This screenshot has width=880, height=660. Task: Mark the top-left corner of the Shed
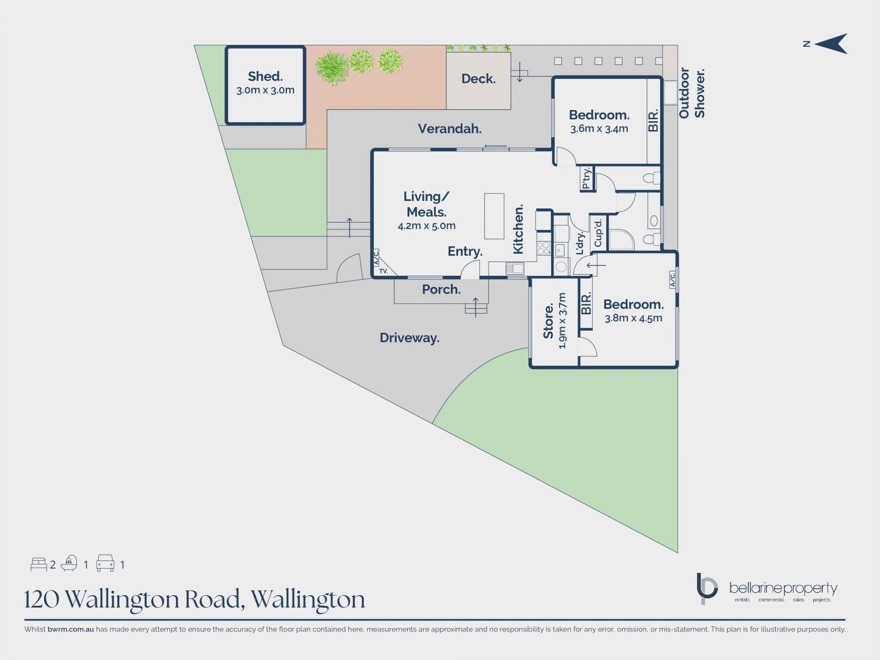point(226,46)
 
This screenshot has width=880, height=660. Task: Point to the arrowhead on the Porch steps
point(476,299)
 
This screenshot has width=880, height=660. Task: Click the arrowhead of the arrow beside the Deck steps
point(520,80)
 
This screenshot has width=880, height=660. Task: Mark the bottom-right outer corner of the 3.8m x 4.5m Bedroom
point(677,368)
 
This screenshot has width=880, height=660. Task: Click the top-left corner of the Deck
point(446,52)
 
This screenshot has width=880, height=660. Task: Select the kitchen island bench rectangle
point(494,216)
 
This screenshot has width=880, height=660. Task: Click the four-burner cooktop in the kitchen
point(543,248)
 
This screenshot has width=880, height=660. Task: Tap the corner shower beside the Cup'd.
point(621,239)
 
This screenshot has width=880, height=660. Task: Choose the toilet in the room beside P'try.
point(652,177)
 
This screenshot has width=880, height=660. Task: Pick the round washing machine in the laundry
point(561,266)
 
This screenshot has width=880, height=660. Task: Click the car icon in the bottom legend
point(105,563)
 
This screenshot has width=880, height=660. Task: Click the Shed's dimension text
point(265,90)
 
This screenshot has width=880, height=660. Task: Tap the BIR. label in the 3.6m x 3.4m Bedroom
point(653,121)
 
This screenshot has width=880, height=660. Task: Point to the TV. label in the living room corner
point(383,271)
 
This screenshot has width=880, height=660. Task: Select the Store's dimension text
point(562,320)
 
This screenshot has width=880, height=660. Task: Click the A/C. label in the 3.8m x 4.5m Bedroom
point(672,279)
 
